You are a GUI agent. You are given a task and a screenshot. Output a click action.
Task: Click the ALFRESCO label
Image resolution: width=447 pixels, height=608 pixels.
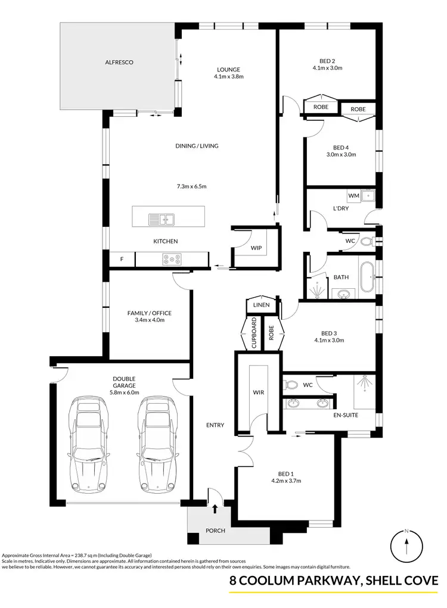119,62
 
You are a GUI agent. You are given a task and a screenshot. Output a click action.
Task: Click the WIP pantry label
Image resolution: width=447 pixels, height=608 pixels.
256,247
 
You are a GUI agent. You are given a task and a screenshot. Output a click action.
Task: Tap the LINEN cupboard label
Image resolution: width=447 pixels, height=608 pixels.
262,305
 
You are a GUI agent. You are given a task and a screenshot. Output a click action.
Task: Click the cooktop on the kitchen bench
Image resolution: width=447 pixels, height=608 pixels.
172,259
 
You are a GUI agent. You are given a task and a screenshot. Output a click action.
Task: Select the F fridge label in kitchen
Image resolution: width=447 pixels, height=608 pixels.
122,259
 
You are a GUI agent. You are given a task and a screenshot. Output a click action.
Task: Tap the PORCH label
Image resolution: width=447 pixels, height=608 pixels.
215,531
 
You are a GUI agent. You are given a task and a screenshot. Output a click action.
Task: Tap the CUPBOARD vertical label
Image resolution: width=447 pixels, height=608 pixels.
253,333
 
